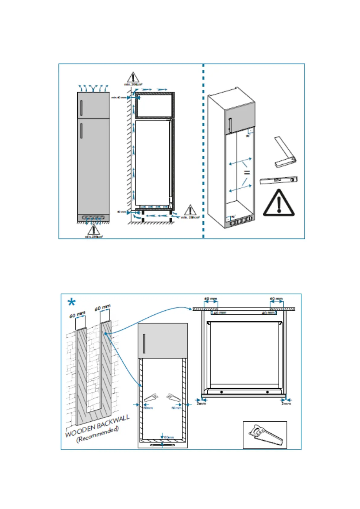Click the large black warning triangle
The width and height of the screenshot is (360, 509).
(x=278, y=203)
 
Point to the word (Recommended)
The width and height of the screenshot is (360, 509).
(x=97, y=434)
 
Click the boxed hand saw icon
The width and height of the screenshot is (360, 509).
(x=265, y=435)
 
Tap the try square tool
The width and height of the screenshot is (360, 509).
(x=285, y=153)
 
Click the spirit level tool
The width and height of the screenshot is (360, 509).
(x=279, y=180)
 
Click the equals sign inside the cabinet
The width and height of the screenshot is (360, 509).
(x=247, y=172)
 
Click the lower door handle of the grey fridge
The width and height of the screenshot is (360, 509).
(x=81, y=131)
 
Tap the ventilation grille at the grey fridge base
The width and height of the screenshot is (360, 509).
(x=93, y=217)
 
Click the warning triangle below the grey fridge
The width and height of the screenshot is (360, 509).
(x=93, y=229)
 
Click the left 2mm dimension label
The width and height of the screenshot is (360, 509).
(x=201, y=404)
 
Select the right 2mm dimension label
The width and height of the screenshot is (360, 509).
(x=286, y=404)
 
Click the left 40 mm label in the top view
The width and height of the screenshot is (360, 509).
(x=220, y=313)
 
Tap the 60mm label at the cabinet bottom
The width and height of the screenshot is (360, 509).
(x=169, y=437)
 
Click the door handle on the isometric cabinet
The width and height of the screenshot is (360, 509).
(x=230, y=125)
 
